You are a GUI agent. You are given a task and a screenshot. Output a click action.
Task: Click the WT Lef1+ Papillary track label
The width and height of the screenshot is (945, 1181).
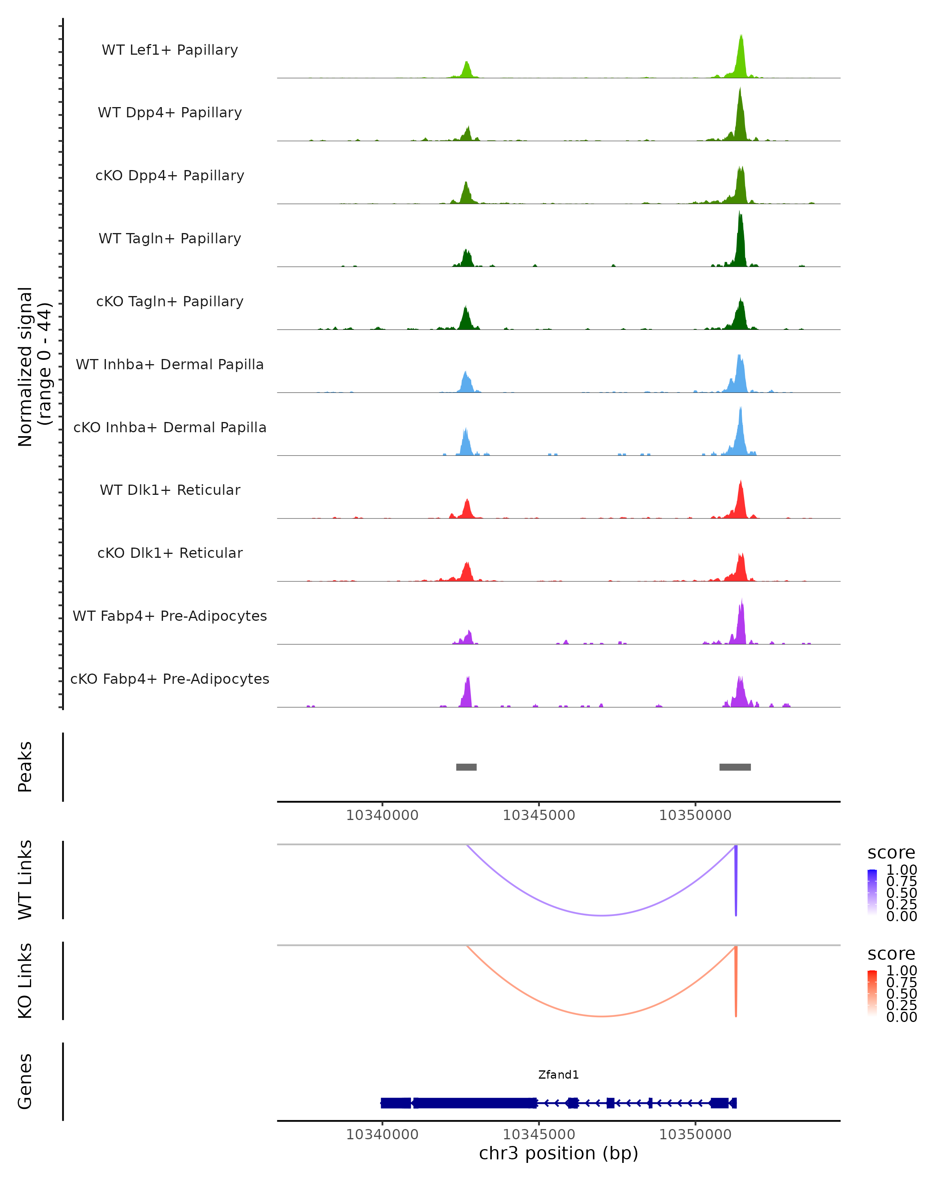(170, 50)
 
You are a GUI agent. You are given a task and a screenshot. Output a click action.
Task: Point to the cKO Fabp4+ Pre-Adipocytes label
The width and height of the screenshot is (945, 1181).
(170, 679)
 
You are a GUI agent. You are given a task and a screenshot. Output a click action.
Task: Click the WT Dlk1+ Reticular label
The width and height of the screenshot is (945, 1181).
(170, 490)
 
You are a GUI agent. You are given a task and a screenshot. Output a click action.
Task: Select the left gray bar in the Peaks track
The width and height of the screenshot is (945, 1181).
(466, 767)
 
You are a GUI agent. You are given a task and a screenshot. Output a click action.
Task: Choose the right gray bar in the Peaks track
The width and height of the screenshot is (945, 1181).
(735, 767)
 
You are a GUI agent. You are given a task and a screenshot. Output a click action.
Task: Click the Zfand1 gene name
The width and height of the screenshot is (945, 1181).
(558, 1075)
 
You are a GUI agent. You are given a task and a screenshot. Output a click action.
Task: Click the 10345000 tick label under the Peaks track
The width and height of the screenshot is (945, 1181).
(539, 815)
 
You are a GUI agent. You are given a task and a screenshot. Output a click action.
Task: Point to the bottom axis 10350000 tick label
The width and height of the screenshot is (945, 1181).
(695, 1135)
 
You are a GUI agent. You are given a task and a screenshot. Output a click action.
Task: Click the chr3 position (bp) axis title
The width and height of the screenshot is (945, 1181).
(558, 1153)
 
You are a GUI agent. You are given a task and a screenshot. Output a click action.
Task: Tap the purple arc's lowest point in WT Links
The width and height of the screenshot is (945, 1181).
(602, 915)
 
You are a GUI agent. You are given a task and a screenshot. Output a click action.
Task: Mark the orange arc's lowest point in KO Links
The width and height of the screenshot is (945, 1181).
(602, 1016)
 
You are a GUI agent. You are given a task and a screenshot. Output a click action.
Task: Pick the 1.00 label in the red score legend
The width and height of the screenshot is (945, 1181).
(901, 970)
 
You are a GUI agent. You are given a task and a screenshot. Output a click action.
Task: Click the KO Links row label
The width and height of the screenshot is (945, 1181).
(25, 981)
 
